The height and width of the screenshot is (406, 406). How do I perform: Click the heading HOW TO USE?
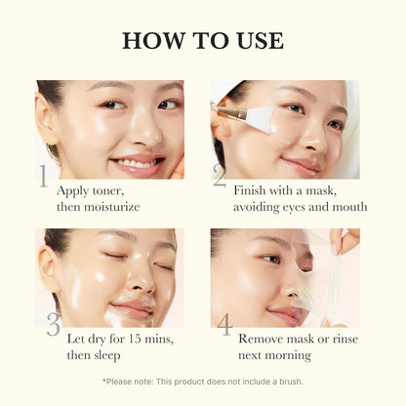(203, 41)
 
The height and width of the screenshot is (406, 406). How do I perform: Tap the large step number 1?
(44, 177)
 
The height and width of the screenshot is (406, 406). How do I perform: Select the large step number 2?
(219, 177)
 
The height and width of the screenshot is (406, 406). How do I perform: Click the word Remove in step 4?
(262, 339)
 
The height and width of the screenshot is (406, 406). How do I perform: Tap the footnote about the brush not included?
(203, 381)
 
